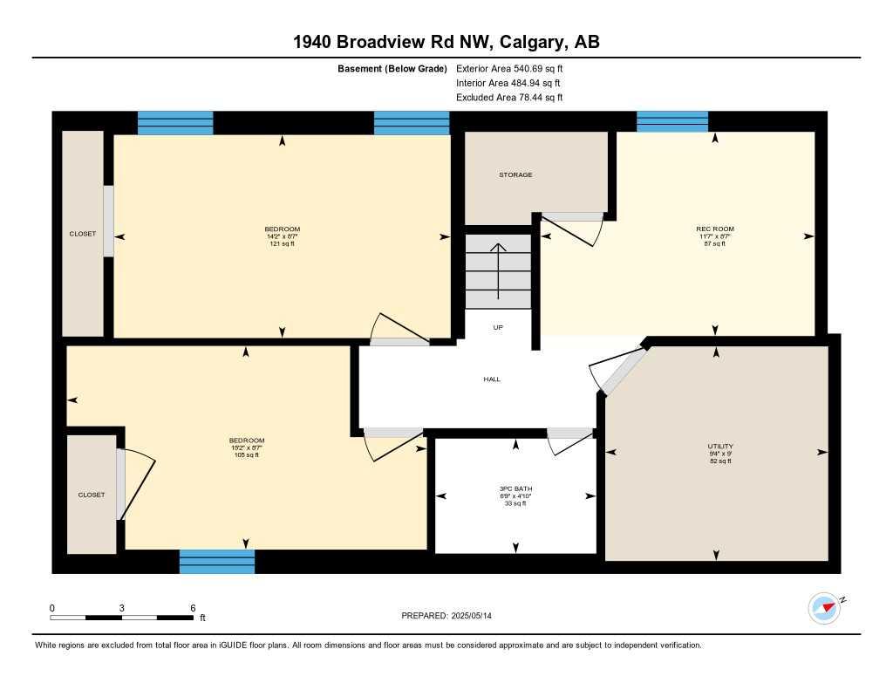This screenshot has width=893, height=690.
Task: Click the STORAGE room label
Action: point(515,174)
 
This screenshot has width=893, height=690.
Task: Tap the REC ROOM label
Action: point(715,229)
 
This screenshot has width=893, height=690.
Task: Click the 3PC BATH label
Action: point(517,488)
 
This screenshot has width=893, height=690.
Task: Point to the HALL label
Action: point(492,379)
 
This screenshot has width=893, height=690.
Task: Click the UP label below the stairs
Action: point(498,328)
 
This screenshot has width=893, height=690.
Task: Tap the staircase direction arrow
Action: point(498,270)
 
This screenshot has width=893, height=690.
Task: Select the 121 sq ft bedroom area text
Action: point(283,243)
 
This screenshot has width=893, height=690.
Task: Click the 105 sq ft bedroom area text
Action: point(246,454)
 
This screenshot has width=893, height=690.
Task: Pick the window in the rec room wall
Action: point(671,121)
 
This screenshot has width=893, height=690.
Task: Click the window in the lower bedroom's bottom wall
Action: point(217,561)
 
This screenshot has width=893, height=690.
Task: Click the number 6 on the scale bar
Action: point(193,608)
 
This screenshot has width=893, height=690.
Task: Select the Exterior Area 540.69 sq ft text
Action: point(515,68)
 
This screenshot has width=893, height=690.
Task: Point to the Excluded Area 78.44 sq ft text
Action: point(509,98)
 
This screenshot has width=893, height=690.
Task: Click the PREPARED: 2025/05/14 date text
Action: point(452,616)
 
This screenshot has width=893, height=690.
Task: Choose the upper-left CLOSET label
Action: point(83,234)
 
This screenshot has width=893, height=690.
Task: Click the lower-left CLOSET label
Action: point(92,495)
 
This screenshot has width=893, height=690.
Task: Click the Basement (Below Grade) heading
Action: point(392,68)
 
